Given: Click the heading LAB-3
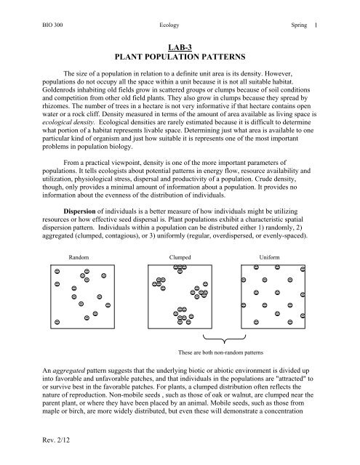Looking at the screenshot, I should [179, 45].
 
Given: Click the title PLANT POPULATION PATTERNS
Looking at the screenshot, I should [179, 55].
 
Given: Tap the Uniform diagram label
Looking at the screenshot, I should [269, 257].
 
